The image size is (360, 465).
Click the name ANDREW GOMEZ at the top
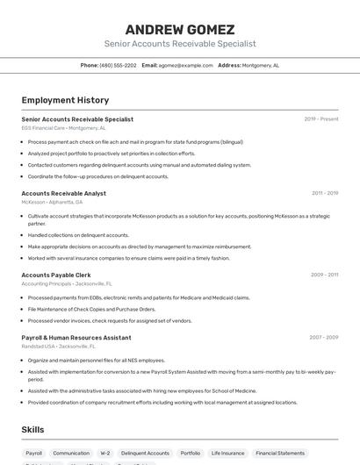point(180,29)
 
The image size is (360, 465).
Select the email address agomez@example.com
point(185,65)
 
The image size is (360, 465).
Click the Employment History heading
point(65,100)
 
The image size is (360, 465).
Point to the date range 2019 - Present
point(321,119)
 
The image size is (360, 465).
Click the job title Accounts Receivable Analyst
point(63,193)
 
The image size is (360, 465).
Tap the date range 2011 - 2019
point(324,193)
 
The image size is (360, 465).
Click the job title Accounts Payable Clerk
point(56,275)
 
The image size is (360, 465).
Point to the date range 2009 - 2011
point(324,275)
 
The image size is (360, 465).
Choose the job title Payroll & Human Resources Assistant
point(76,337)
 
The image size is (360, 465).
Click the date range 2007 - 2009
point(323,337)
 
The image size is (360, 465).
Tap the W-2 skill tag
point(105,454)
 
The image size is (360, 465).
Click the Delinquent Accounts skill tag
point(145,454)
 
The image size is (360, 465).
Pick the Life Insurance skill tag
point(227,454)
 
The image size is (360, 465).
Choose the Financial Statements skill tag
point(280,454)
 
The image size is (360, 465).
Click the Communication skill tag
point(71,454)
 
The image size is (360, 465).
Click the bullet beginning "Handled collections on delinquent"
point(78,235)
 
